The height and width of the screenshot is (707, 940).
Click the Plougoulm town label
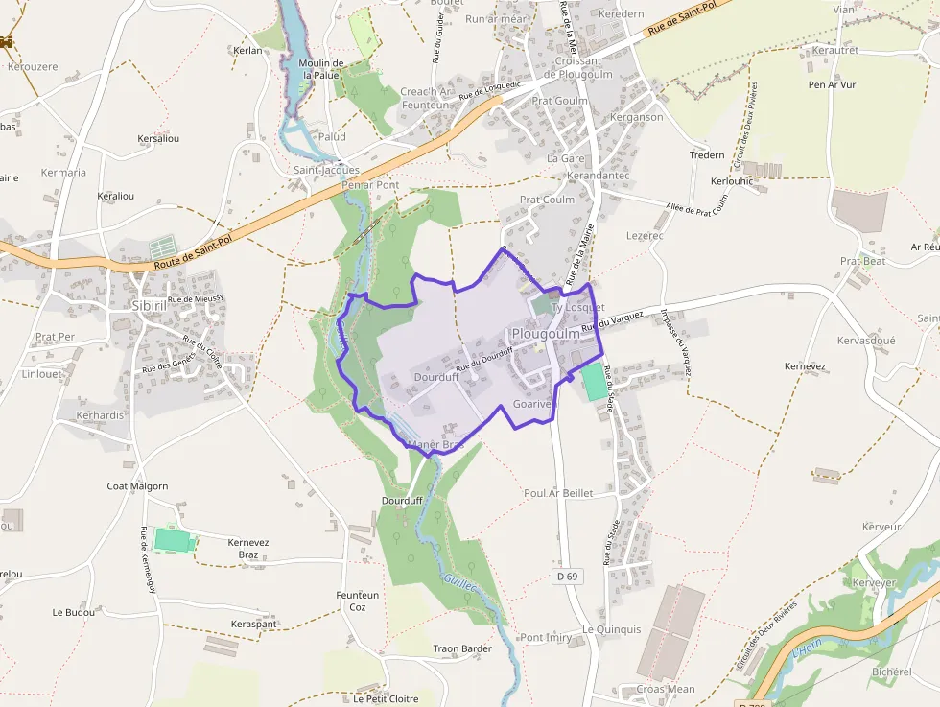(545, 333)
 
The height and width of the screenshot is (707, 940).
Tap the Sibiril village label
(150, 306)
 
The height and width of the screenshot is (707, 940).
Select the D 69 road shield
(567, 576)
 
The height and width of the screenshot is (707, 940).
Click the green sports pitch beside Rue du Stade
(595, 382)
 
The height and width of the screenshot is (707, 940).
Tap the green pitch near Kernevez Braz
(173, 539)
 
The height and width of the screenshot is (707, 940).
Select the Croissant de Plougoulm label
(571, 67)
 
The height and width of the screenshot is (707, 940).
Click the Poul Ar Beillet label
(558, 493)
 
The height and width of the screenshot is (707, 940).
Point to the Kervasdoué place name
(865, 341)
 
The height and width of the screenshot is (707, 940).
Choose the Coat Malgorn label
(137, 486)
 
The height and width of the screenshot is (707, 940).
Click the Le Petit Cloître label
(386, 698)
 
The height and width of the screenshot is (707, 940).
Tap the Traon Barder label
(462, 648)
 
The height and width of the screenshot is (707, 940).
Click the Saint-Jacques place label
(326, 170)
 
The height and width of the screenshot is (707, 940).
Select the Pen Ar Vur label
(832, 84)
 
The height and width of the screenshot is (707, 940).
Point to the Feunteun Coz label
(358, 601)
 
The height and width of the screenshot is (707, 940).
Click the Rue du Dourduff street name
(484, 359)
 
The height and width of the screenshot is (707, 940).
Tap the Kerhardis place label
(100, 415)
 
